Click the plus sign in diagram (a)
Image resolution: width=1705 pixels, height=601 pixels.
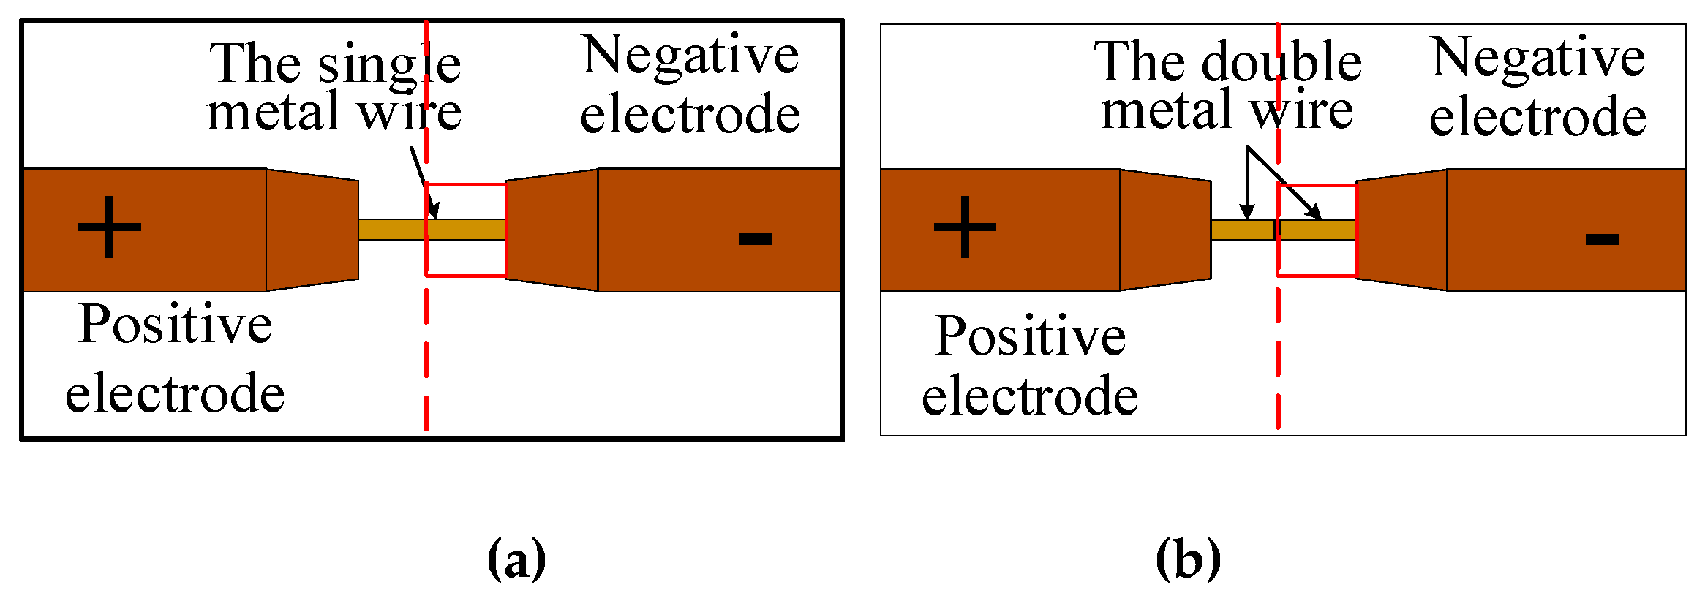click(x=109, y=227)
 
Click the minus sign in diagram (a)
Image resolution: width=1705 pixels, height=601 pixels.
click(x=756, y=238)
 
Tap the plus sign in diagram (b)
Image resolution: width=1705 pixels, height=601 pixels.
click(x=965, y=227)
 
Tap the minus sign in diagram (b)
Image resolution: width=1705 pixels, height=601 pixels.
click(x=1601, y=239)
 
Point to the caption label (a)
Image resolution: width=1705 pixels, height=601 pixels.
click(x=516, y=560)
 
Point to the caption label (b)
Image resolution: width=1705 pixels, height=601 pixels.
click(x=1188, y=560)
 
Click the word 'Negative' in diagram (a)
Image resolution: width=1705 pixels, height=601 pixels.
click(x=690, y=57)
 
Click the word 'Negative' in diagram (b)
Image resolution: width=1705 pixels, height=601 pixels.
click(x=1537, y=59)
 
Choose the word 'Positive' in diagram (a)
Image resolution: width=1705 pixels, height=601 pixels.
click(x=176, y=324)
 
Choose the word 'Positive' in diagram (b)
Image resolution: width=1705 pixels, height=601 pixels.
click(x=1030, y=336)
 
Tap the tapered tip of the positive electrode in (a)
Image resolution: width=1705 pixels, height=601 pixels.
click(x=312, y=230)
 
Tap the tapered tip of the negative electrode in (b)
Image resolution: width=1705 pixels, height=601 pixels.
click(x=1401, y=230)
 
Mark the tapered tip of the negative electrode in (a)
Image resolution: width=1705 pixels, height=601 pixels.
click(x=552, y=230)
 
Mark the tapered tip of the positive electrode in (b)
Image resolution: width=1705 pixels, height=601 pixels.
click(x=1165, y=230)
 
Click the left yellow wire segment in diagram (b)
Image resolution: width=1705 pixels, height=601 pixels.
click(x=1242, y=230)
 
